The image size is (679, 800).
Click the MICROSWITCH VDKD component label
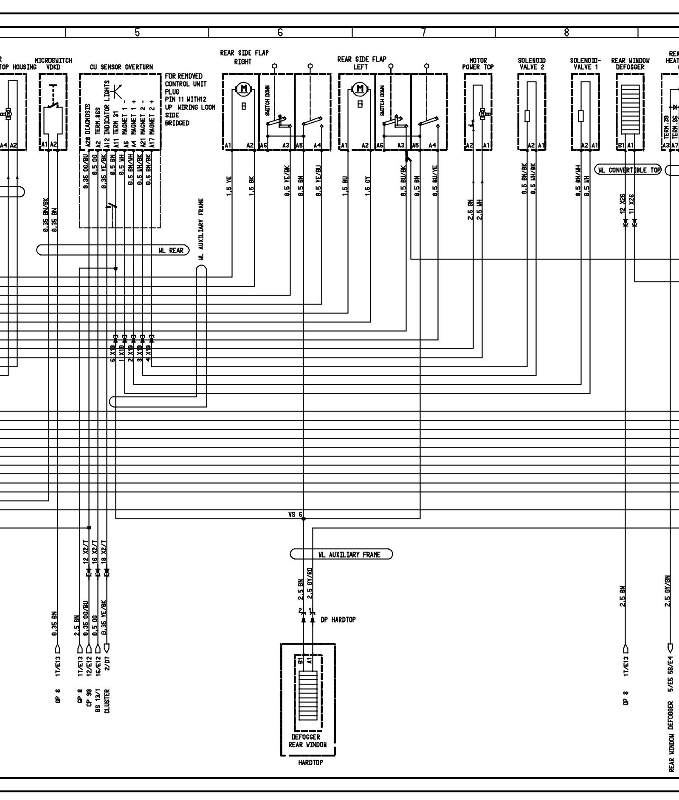[x=53, y=64]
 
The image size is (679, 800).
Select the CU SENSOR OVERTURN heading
[x=121, y=67]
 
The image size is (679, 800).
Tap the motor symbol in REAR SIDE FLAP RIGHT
[x=244, y=88]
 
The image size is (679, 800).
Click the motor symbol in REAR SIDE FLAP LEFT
[x=361, y=88]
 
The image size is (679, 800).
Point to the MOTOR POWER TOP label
[x=478, y=64]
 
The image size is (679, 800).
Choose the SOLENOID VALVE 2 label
[x=531, y=64]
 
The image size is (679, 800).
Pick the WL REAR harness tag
[x=171, y=251]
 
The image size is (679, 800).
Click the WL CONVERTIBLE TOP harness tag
[x=629, y=170]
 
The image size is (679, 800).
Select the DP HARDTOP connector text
[x=338, y=620]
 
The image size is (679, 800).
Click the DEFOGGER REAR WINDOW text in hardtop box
[x=307, y=741]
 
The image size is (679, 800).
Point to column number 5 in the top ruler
[x=137, y=32]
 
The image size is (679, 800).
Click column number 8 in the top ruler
[x=566, y=32]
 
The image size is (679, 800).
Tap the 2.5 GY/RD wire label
[x=310, y=583]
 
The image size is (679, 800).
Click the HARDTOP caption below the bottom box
[x=310, y=762]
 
